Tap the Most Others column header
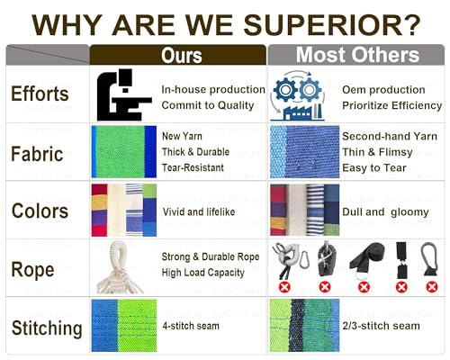pyautogui.click(x=356, y=55)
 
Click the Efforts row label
pyautogui.click(x=40, y=94)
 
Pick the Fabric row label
pyautogui.click(x=37, y=154)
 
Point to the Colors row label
pyautogui.click(x=40, y=211)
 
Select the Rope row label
pyautogui.click(x=32, y=270)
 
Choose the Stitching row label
pyautogui.click(x=47, y=328)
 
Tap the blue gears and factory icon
pyautogui.click(x=298, y=95)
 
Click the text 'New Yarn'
pyautogui.click(x=182, y=136)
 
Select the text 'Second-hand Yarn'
pyautogui.click(x=390, y=137)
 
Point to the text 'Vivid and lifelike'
pyautogui.click(x=199, y=211)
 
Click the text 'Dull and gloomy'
pyautogui.click(x=385, y=212)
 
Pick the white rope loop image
pyautogui.click(x=119, y=267)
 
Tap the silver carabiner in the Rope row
pyautogui.click(x=303, y=258)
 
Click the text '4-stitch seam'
pyautogui.click(x=191, y=326)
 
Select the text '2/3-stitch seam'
pyautogui.click(x=381, y=326)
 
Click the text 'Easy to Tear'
pyautogui.click(x=374, y=167)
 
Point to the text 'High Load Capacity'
pyautogui.click(x=203, y=273)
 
